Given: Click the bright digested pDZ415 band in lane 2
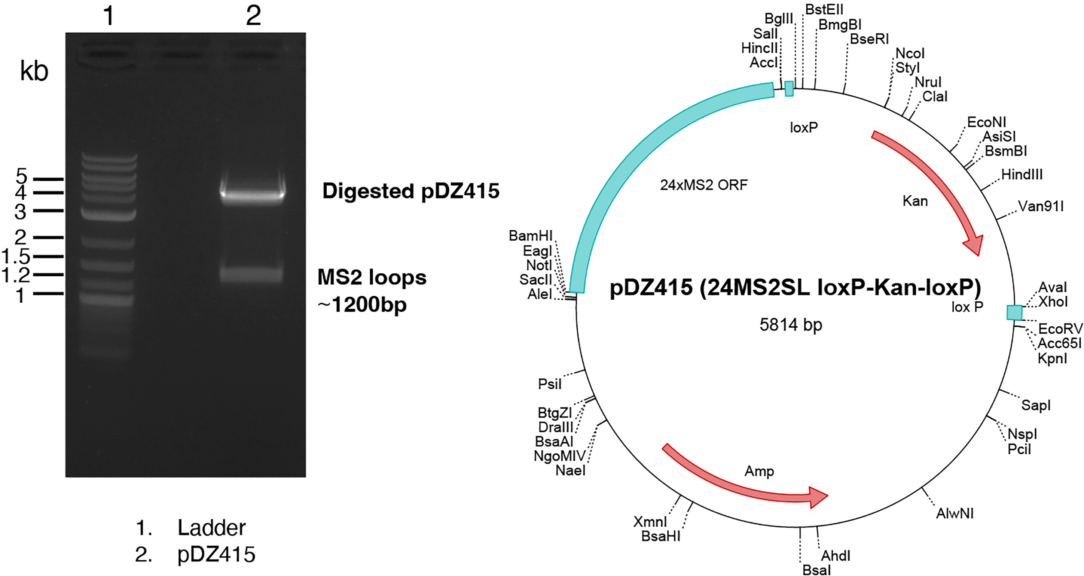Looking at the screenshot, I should pos(253,194).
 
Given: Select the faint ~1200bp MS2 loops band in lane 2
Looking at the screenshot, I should pos(252,275).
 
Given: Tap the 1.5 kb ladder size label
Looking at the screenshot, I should pos(16,256).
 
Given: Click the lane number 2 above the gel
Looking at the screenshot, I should pos(253,16).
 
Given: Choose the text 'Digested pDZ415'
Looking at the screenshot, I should pos(411,191).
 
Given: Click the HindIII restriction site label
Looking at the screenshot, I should pos(1022,174).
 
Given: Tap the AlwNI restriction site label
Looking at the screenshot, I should pos(955,513).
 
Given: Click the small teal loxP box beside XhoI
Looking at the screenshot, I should pos(1014,312).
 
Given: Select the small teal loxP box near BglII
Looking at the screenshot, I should pos(789,89).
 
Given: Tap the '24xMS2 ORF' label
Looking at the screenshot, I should pos(703,185).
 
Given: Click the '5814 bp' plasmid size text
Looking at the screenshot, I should pos(791,325).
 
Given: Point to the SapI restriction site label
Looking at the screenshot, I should pos(1036,405).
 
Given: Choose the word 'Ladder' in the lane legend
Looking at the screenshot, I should pos(211,528).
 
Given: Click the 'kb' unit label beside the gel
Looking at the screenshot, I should pos(34,71).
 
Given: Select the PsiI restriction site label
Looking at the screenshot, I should pos(550,384).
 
